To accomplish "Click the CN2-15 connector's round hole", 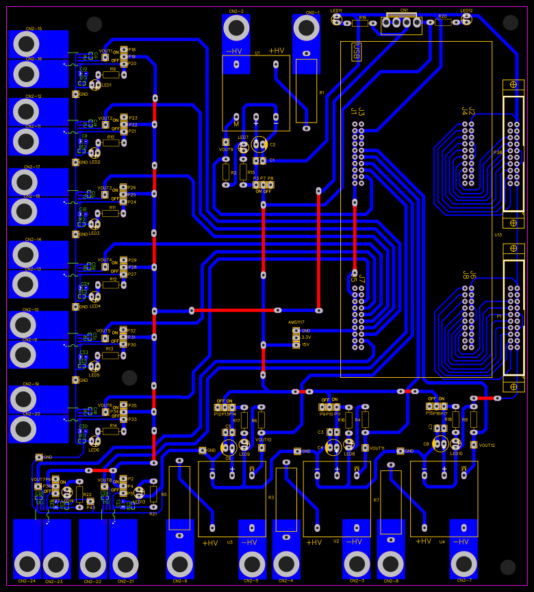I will (26, 44).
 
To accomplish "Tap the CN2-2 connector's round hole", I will (236, 28).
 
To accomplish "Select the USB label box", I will (356, 52).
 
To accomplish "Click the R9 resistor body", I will (111, 75).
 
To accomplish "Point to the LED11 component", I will (336, 19).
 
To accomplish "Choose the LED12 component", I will (466, 19).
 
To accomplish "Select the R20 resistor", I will (443, 22).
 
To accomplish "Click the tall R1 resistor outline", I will (306, 90).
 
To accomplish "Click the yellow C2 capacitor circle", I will (259, 144).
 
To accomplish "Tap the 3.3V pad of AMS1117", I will (296, 337).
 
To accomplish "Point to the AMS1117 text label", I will (296, 322).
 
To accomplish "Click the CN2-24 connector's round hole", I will (27, 564).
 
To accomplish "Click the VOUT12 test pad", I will (473, 445).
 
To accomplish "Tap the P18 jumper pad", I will (123, 50).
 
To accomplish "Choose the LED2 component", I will (94, 154).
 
